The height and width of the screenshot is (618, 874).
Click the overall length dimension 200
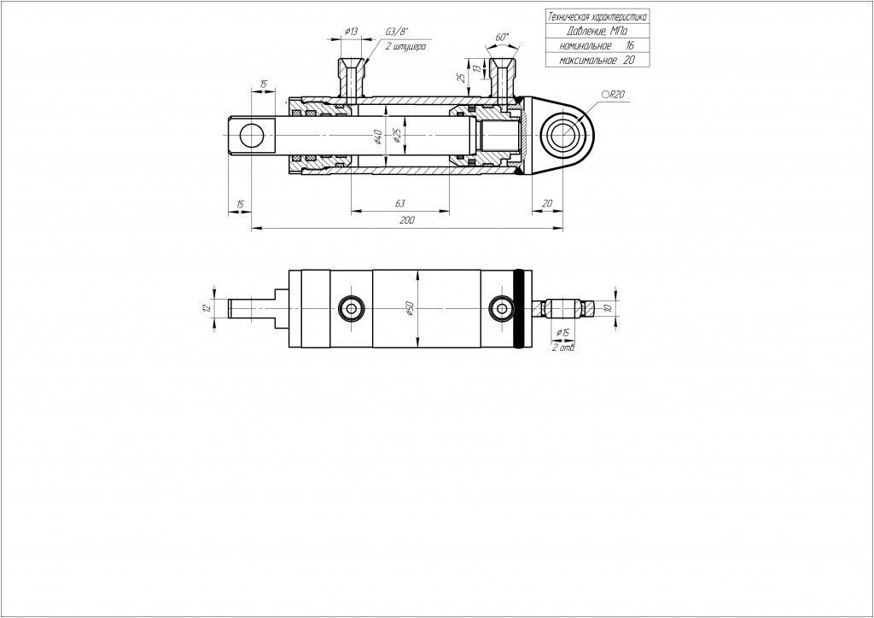coord(407,221)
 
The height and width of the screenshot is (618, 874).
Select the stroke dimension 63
coord(399,204)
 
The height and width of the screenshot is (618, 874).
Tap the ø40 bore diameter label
coord(377,137)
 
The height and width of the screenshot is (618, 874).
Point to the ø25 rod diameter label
coord(396,136)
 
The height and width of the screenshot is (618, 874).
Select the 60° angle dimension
coord(502,37)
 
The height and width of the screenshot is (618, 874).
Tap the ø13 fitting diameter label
coord(351,32)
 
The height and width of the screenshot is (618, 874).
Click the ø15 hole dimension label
coord(562,333)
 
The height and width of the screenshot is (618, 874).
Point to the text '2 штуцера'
coord(405,47)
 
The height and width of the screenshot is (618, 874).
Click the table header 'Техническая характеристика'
coord(597,17)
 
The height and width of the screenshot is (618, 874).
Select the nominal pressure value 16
coord(629,46)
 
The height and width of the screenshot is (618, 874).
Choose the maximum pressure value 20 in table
coord(628,61)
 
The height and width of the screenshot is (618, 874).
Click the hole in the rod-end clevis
coord(252,136)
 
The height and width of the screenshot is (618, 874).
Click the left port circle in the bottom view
coord(351,308)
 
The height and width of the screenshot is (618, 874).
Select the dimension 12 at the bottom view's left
coord(207,308)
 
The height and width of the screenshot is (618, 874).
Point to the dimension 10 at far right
coord(609,307)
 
